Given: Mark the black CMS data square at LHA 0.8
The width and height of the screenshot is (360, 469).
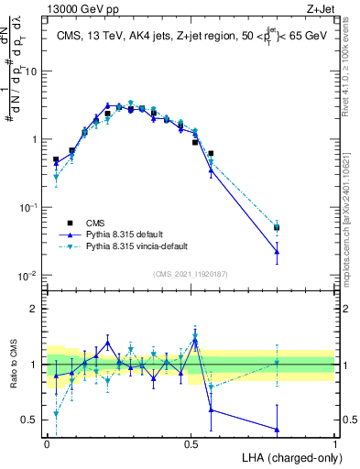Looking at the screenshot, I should click(x=277, y=227).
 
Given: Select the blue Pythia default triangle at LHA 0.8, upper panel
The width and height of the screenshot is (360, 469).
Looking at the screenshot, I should click(x=277, y=251).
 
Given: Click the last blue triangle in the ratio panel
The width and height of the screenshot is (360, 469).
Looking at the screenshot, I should click(x=277, y=429).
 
